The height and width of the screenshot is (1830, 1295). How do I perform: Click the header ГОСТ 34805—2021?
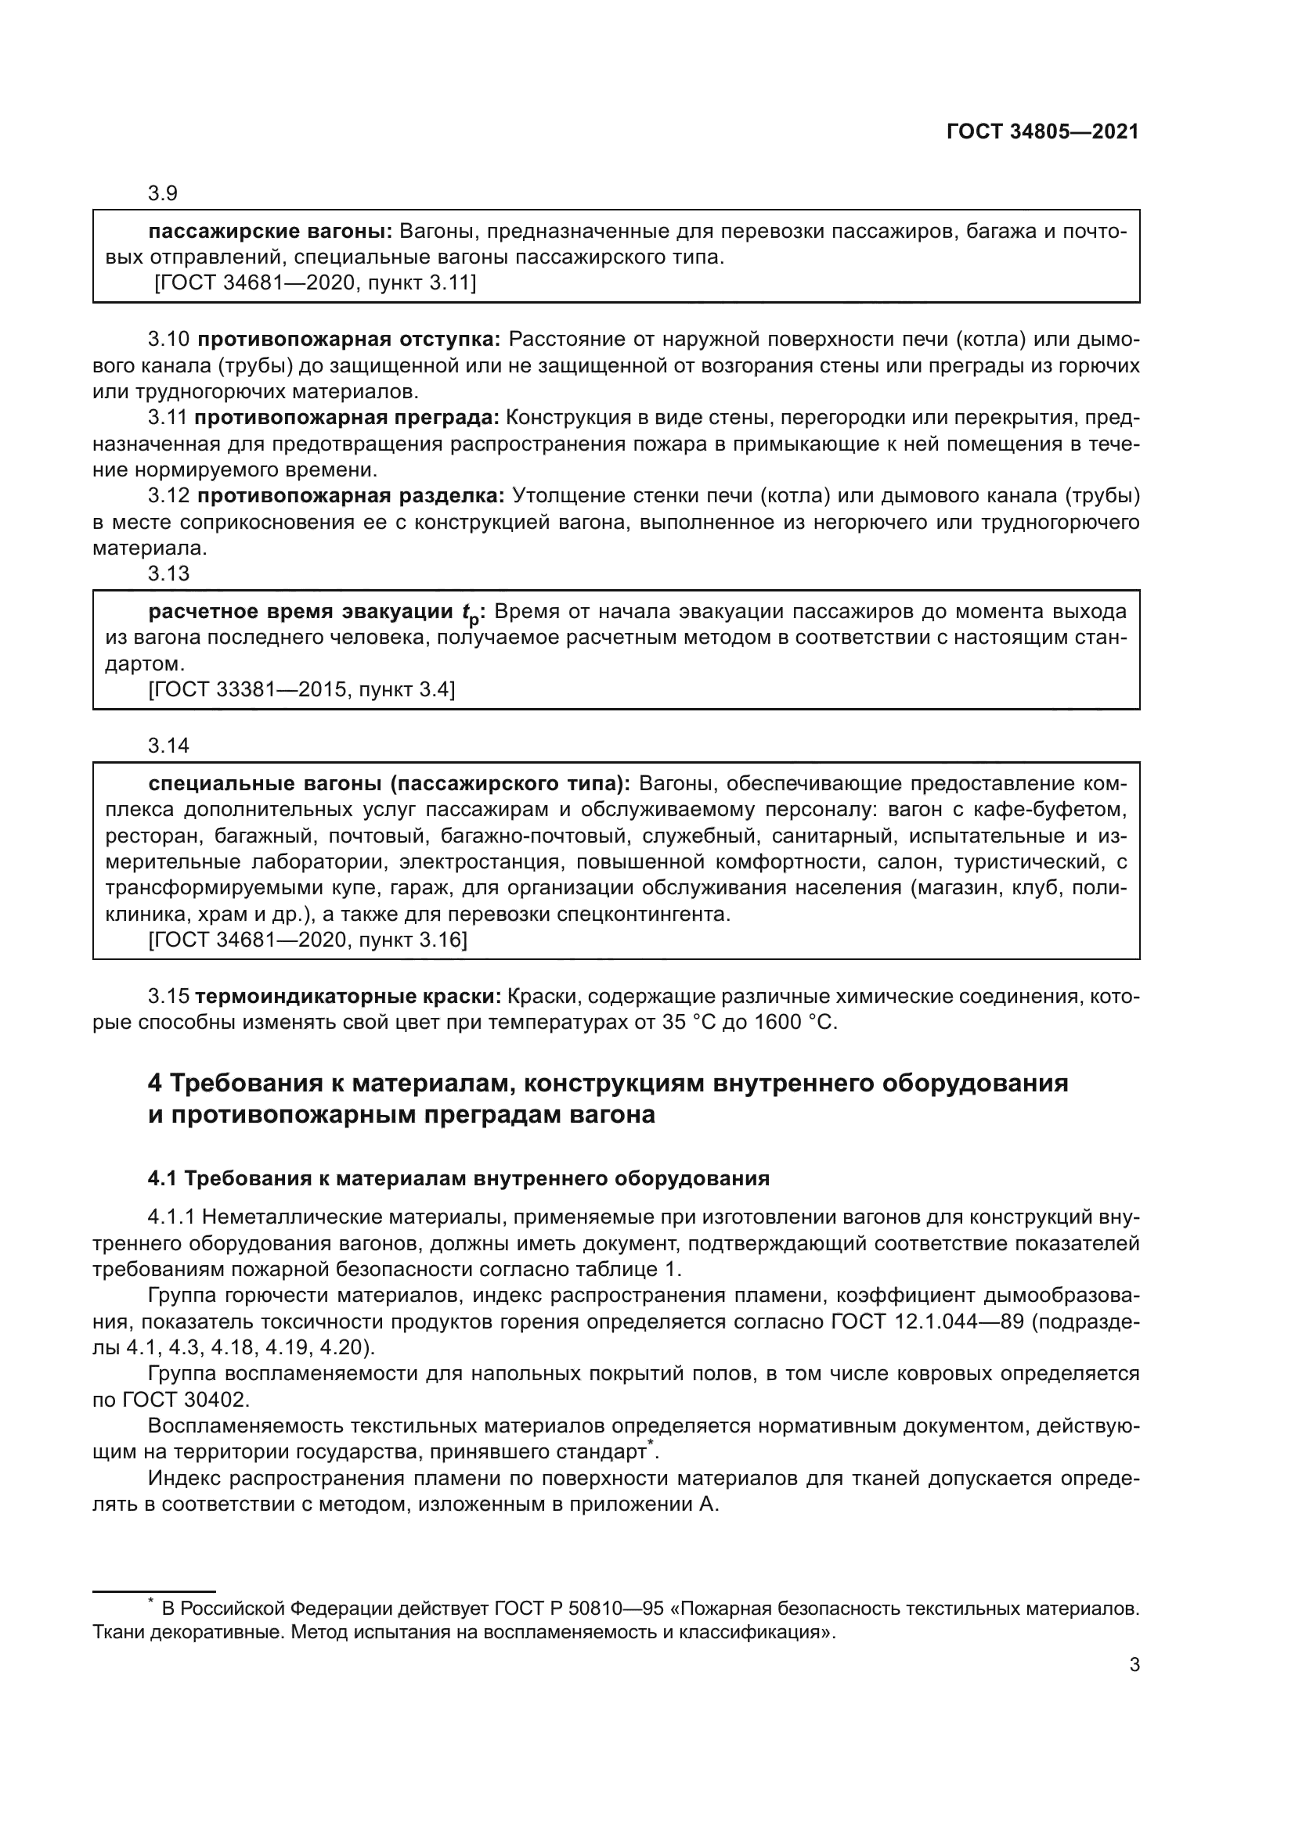pyautogui.click(x=1042, y=131)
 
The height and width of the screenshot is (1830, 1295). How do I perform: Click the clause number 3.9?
pyautogui.click(x=163, y=193)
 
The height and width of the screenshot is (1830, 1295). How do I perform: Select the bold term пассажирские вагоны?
pyautogui.click(x=270, y=232)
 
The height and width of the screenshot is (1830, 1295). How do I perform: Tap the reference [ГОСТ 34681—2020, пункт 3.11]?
pyautogui.click(x=315, y=283)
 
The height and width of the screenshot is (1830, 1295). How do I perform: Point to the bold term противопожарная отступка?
pyautogui.click(x=348, y=340)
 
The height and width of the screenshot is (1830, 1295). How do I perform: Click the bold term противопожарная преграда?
pyautogui.click(x=347, y=418)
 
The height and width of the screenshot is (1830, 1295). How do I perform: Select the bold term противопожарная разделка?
pyautogui.click(x=351, y=496)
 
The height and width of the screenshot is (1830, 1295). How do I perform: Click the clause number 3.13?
pyautogui.click(x=168, y=573)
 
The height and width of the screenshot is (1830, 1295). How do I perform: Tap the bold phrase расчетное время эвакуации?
pyautogui.click(x=301, y=612)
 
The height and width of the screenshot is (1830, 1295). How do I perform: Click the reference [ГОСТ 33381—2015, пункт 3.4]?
pyautogui.click(x=301, y=689)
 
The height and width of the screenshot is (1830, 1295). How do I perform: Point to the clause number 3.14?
pyautogui.click(x=168, y=746)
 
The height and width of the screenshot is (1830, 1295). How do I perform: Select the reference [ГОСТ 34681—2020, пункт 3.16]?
pyautogui.click(x=308, y=940)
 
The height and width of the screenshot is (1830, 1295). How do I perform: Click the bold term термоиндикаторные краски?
pyautogui.click(x=348, y=996)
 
